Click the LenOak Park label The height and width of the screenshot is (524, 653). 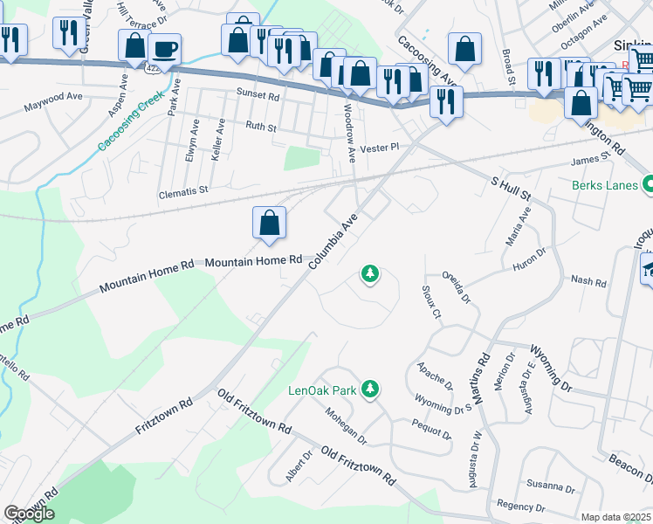tap(322, 390)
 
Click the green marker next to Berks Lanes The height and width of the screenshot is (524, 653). tap(648, 184)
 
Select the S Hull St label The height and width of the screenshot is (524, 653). tap(511, 188)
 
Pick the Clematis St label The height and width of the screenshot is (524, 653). tap(184, 190)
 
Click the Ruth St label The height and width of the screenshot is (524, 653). tap(261, 128)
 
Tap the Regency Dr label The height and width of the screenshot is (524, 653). tap(520, 506)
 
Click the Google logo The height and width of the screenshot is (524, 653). tap(29, 514)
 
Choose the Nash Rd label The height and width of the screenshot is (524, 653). tap(588, 281)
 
